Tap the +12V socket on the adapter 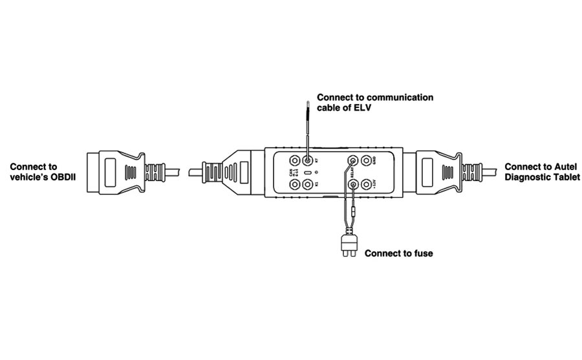368,184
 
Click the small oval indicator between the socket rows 307,173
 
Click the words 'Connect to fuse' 399,253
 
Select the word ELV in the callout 363,107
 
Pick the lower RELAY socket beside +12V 354,184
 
